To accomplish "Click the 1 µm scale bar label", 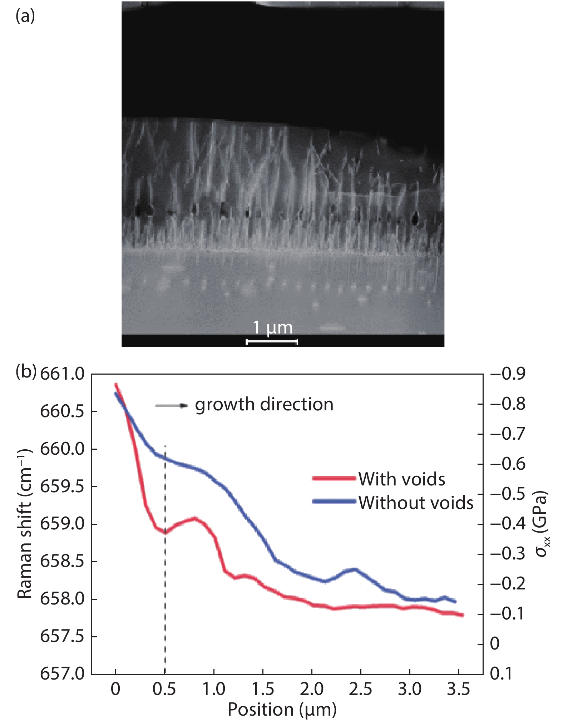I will tap(272, 328).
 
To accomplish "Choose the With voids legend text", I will tap(402, 479).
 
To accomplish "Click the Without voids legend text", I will tap(416, 503).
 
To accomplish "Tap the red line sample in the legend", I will tap(334, 478).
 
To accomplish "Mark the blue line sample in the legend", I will tap(334, 502).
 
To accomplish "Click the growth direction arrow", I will tap(172, 406).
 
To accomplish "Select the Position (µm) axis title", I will tap(282, 710).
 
